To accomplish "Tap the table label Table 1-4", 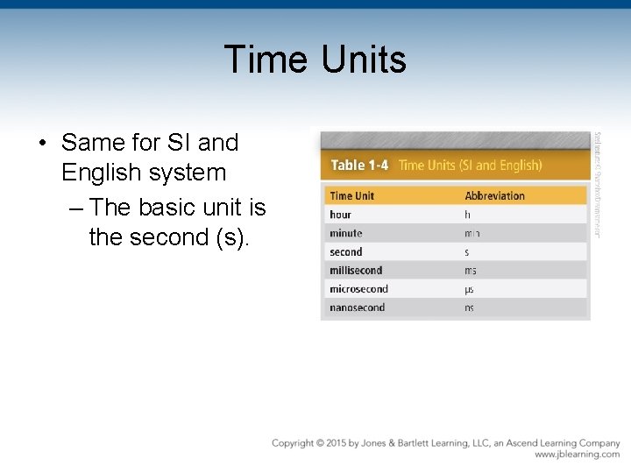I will (359, 165).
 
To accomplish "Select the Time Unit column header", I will (353, 195).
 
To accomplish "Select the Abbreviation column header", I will (494, 195).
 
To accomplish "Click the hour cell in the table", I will (340, 215).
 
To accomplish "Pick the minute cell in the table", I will (345, 233).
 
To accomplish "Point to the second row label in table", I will (345, 252).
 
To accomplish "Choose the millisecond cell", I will (356, 271).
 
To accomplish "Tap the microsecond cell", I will (358, 289).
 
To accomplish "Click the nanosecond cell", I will (357, 307).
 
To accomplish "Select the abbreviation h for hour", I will (467, 215).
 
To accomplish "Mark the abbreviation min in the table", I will (472, 234).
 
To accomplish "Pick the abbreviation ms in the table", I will (470, 271).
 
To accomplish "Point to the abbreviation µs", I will (469, 289).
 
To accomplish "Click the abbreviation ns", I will (469, 307).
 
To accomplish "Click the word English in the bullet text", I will (102, 173).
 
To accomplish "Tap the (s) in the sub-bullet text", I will (231, 238).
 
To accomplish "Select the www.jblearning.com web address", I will (577, 455).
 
